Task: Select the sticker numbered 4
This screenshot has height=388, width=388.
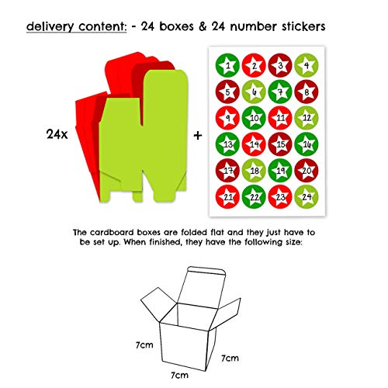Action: pos(307,66)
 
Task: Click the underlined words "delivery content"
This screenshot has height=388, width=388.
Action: pos(74,27)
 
